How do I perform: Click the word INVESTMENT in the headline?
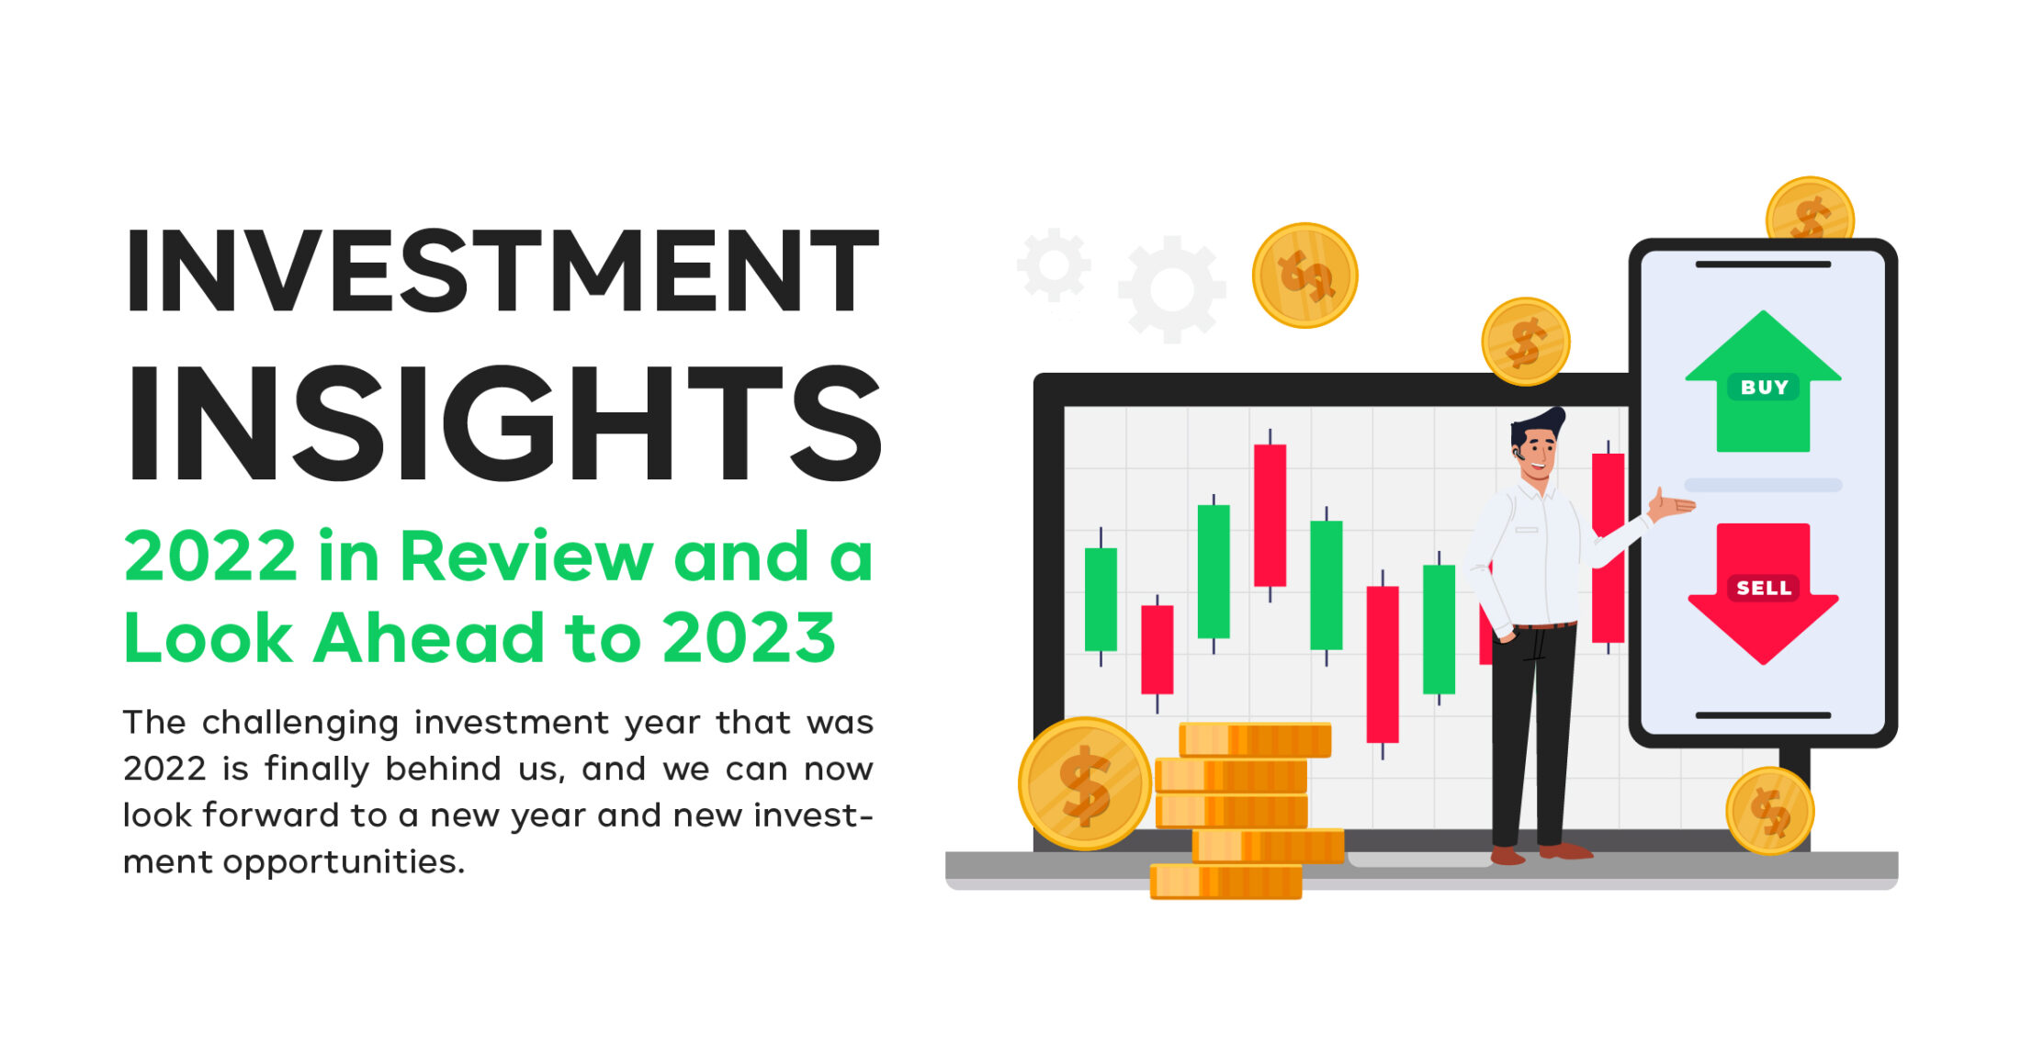(502, 271)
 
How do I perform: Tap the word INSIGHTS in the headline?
(505, 423)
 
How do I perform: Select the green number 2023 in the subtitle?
(749, 636)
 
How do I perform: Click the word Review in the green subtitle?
(526, 557)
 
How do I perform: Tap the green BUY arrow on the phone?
(1763, 381)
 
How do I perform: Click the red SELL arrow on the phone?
(1763, 592)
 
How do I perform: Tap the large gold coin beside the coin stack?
(1085, 783)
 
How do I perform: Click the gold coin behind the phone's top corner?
(1810, 209)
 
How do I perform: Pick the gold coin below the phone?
(1769, 811)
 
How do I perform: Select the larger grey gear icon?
(1171, 289)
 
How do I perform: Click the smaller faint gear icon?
(1054, 265)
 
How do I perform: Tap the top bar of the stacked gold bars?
(1255, 740)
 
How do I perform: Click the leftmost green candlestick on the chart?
(1101, 599)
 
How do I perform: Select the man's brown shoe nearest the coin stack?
(1507, 856)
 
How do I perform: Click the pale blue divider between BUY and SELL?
(1763, 485)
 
